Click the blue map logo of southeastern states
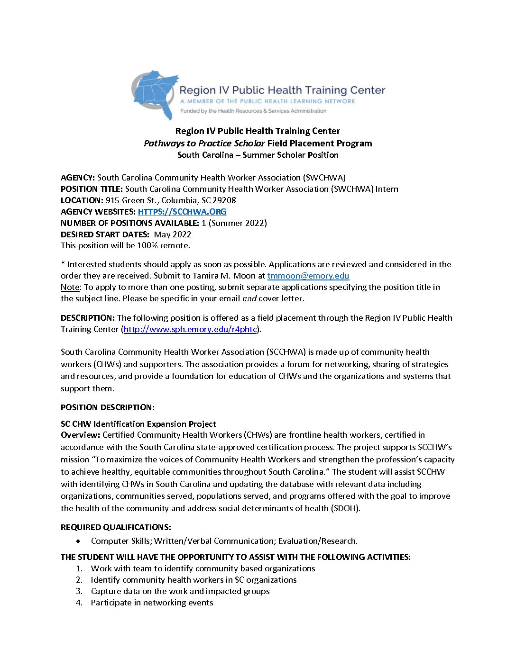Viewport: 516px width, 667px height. pos(155,94)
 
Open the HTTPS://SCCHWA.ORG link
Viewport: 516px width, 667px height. pos(182,212)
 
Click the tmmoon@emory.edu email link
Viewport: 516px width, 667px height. pos(308,276)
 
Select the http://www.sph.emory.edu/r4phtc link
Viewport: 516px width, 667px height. pos(190,329)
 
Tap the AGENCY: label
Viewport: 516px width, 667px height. pos(78,178)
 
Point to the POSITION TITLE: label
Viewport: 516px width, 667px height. pos(92,189)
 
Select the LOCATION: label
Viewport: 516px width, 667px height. pos(82,200)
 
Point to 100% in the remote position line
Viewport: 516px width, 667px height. pos(147,245)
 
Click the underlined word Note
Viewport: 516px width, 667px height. pos(70,287)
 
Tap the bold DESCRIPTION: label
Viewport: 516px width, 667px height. pos(88,318)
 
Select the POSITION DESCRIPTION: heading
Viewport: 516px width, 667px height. pos(108,407)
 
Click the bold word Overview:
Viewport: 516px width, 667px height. pos(81,435)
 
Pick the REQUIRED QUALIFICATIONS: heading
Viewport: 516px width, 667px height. pos(116,527)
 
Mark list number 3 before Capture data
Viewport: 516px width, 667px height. pos(79,591)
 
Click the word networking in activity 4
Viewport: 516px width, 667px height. pos(165,603)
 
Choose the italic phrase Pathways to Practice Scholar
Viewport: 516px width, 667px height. pos(204,143)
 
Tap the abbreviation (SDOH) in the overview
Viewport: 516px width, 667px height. pos(346,508)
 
